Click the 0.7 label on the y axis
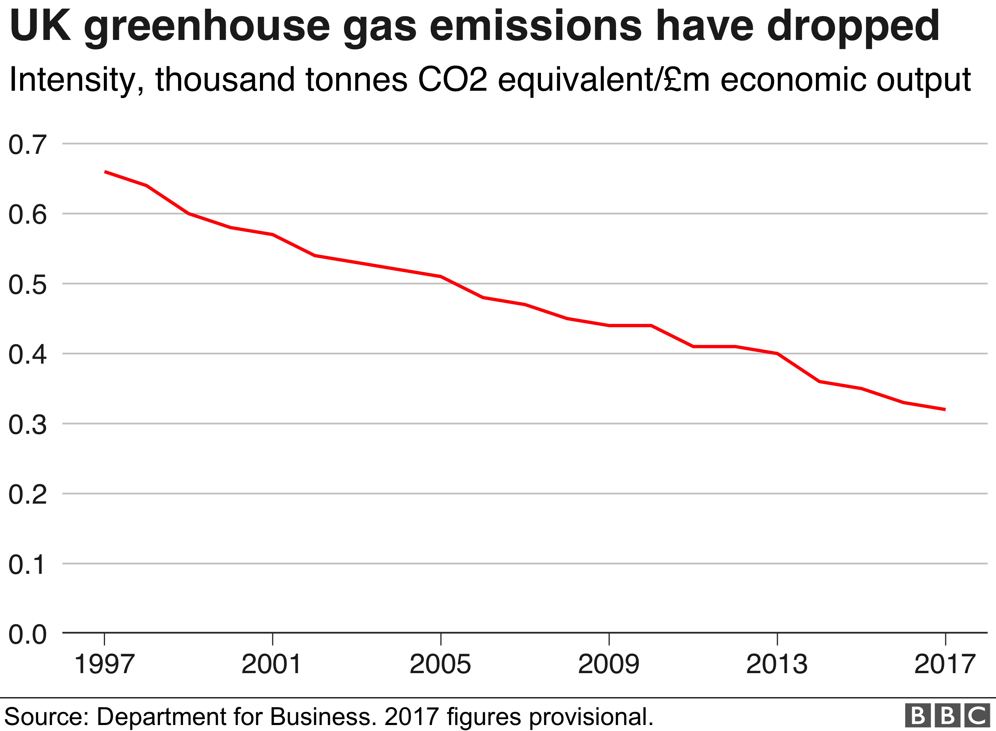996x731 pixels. [27, 145]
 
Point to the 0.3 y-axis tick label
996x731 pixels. [27, 425]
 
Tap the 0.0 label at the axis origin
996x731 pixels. [27, 635]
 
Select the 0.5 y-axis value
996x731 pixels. [27, 284]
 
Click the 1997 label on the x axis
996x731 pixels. [105, 665]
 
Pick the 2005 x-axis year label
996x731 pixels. [440, 665]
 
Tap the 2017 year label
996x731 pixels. [945, 665]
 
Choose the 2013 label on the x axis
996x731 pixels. [777, 665]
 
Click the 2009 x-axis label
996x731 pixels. [609, 665]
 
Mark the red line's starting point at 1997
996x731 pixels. [105, 172]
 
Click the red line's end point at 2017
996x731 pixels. [945, 409]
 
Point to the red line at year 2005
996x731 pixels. [441, 277]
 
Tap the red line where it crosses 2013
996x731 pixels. [777, 354]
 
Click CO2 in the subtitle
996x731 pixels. [452, 80]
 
